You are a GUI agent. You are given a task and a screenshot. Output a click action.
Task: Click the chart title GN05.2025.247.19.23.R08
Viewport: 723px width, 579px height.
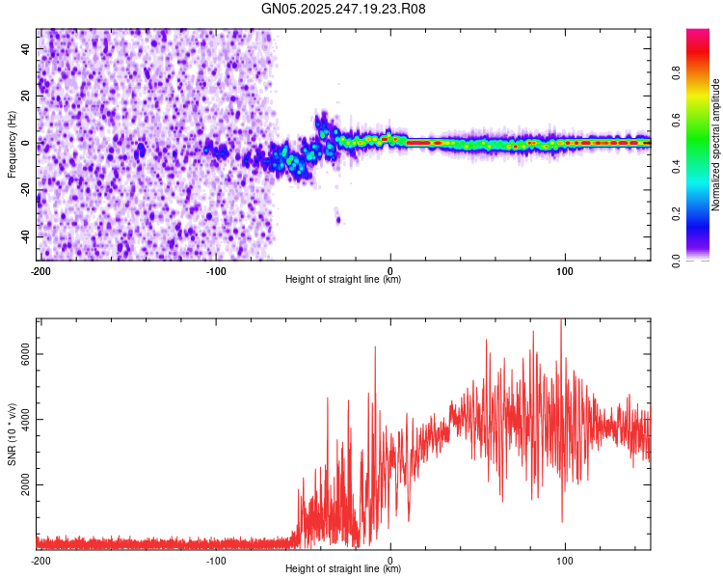coord(344,9)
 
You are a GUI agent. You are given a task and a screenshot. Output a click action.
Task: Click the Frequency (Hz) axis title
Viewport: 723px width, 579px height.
coord(12,145)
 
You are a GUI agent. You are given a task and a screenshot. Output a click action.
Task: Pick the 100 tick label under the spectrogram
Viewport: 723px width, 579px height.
coord(565,270)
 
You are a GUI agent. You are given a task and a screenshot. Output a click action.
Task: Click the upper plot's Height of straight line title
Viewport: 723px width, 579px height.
coord(343,280)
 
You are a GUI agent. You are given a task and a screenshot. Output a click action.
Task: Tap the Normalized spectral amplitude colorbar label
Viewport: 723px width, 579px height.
coord(715,145)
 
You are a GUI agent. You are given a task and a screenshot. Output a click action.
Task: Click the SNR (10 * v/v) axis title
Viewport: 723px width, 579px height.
coord(12,433)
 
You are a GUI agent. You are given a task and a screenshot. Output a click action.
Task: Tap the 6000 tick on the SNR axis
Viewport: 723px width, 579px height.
coord(22,354)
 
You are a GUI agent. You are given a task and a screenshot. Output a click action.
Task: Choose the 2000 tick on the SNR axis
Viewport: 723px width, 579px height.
coord(22,484)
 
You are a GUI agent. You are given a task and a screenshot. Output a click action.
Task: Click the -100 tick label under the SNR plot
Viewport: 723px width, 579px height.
coord(215,560)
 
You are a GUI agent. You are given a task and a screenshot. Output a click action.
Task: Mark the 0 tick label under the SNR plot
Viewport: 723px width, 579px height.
coord(390,560)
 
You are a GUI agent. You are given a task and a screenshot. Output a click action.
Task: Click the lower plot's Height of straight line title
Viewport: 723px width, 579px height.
coord(343,569)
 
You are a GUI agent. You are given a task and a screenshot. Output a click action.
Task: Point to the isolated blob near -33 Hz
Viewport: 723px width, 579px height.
coord(337,219)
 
